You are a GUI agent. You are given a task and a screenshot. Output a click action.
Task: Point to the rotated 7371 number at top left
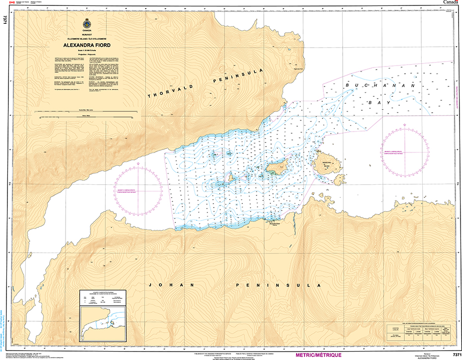coord(4,20)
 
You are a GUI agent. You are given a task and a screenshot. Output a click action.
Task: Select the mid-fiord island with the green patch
coord(275,168)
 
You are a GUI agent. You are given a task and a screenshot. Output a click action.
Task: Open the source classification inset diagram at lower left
coord(103,318)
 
